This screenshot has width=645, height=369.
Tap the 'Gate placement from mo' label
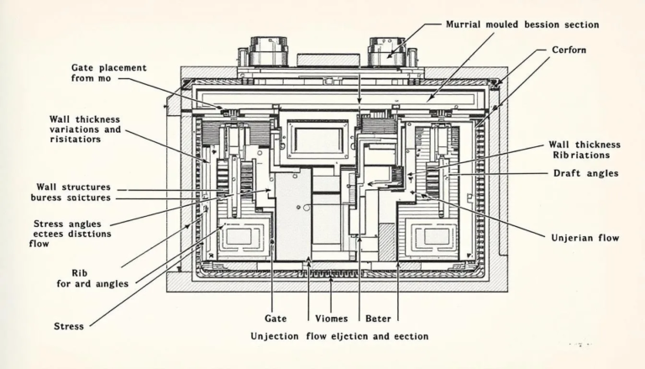(108, 72)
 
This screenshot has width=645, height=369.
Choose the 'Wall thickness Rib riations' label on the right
(579, 150)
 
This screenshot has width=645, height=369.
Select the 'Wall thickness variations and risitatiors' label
(85, 129)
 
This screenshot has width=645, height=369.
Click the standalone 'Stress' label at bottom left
(68, 326)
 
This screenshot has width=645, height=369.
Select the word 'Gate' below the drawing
(276, 319)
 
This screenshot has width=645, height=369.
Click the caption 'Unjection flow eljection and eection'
(339, 336)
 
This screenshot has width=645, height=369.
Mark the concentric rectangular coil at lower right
(436, 236)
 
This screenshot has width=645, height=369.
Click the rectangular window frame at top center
(317, 139)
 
